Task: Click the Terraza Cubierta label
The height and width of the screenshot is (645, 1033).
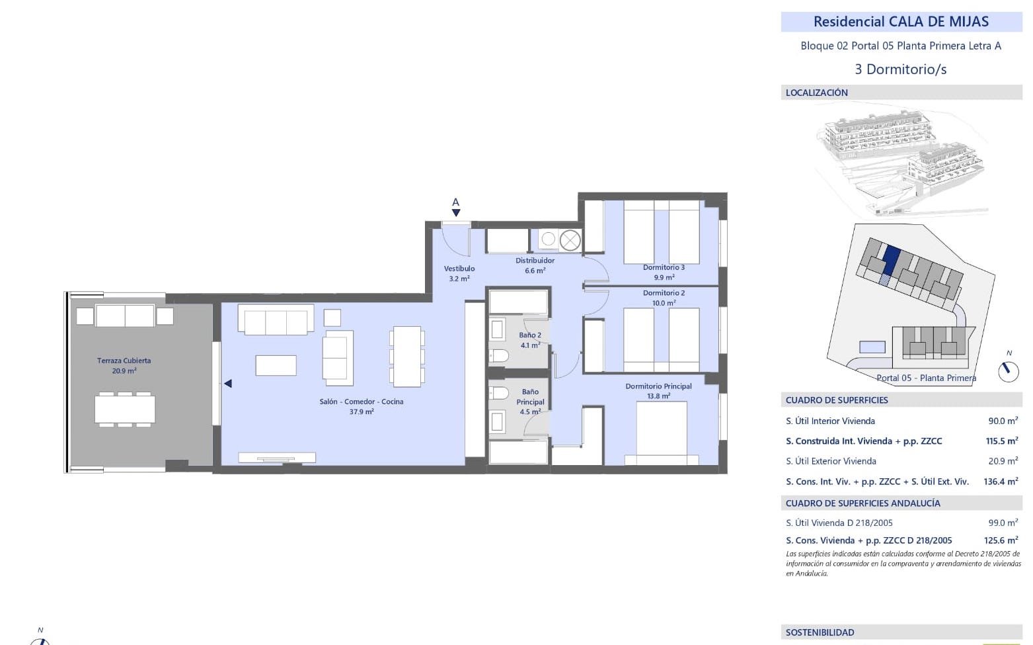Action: click(x=124, y=361)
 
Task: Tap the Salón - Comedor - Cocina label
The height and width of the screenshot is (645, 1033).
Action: click(x=362, y=402)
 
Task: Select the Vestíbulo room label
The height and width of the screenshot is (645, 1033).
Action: click(x=459, y=268)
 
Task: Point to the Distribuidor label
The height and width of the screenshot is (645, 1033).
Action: click(x=535, y=261)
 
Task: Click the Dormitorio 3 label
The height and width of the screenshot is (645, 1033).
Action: click(x=664, y=267)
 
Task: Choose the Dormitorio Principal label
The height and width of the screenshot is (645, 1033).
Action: click(x=658, y=386)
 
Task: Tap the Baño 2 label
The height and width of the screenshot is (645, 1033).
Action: click(x=530, y=335)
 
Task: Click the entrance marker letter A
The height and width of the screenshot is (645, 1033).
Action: click(x=455, y=202)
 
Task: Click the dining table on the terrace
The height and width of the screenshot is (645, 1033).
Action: click(x=125, y=409)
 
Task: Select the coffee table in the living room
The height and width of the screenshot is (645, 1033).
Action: click(x=276, y=365)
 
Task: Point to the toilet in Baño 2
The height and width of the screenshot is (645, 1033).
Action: click(x=498, y=355)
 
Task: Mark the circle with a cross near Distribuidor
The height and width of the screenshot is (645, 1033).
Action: click(x=570, y=240)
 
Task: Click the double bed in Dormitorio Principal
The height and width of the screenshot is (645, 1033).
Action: click(x=662, y=433)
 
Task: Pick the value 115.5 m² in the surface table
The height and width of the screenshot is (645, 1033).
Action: click(x=1002, y=441)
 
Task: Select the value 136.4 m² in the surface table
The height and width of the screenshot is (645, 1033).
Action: click(x=1001, y=482)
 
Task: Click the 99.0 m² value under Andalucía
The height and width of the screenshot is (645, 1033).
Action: click(x=1003, y=523)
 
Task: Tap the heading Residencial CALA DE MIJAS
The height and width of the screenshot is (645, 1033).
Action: click(x=901, y=22)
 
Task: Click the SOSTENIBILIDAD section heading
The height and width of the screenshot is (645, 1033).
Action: click(x=820, y=632)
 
